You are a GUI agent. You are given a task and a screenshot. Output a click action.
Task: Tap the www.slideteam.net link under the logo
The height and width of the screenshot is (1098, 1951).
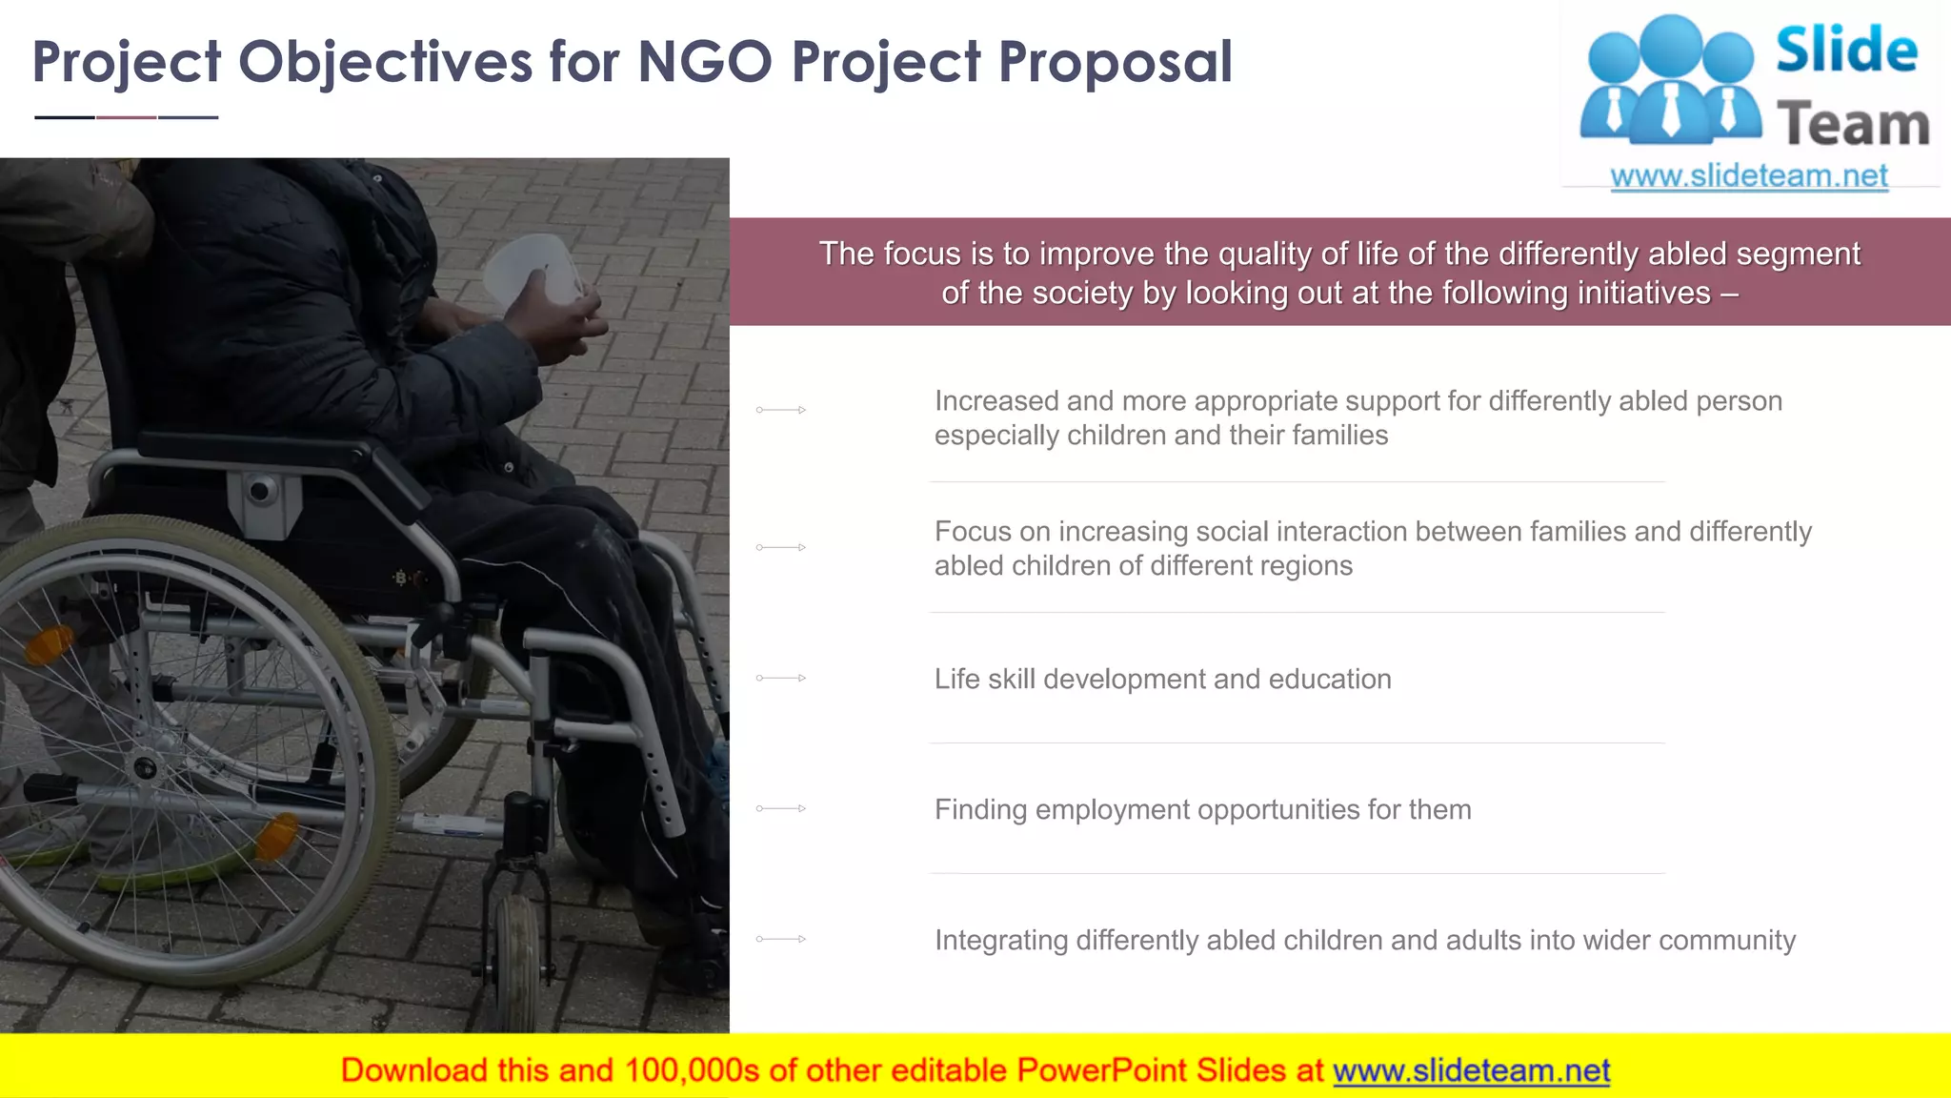[x=1748, y=175]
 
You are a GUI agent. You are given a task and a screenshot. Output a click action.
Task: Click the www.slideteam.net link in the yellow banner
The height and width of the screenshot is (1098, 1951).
[x=1471, y=1070]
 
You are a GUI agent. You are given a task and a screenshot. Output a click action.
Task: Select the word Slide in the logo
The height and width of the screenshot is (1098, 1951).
[x=1846, y=51]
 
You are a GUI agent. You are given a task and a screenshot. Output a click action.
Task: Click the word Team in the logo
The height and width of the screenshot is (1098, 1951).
[x=1853, y=125]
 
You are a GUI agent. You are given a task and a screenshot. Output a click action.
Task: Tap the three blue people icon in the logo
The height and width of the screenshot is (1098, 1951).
[x=1670, y=81]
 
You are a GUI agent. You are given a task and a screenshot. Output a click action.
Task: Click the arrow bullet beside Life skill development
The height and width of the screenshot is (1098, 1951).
[x=781, y=678]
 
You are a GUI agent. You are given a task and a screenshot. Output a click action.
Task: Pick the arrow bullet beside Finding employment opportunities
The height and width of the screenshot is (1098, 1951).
[x=781, y=808]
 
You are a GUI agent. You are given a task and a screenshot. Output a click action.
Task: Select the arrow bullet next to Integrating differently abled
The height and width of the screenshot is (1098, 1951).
[x=781, y=939]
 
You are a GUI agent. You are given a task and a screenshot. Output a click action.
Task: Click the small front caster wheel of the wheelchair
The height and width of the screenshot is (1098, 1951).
[x=517, y=963]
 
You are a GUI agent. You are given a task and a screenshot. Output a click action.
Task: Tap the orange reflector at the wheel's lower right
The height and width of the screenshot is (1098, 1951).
[x=277, y=837]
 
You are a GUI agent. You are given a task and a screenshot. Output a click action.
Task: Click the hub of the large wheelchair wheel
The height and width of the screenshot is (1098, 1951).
[x=145, y=766]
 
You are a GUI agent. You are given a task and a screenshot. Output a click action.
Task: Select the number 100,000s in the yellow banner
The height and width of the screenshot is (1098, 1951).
[x=692, y=1070]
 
